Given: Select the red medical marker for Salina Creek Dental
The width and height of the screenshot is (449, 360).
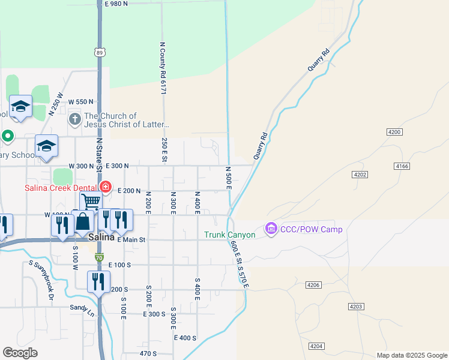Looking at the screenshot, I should (x=106, y=187).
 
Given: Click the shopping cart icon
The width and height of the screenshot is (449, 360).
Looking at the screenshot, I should (x=90, y=202).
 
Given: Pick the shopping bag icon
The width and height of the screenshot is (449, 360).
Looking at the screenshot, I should (x=83, y=222).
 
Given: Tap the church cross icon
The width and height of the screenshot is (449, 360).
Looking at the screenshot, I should (x=74, y=119).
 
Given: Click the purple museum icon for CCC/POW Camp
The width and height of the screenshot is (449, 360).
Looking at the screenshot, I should (x=271, y=229).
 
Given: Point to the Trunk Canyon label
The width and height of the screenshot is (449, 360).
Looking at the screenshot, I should (x=230, y=235).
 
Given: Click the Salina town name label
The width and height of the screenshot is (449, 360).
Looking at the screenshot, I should (x=101, y=237).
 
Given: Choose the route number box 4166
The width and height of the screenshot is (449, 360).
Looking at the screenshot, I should (x=402, y=165).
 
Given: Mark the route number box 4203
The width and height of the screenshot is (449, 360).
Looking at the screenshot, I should (x=356, y=307).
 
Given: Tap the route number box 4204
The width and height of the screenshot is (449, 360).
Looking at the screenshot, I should (x=318, y=346).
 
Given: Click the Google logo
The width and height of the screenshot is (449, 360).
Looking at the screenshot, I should (x=20, y=352).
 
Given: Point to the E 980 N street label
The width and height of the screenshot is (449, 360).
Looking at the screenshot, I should (x=116, y=4).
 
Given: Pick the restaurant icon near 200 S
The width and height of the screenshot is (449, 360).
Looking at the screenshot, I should (x=98, y=281).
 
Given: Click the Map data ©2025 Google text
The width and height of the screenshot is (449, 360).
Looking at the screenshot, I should (x=411, y=355).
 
